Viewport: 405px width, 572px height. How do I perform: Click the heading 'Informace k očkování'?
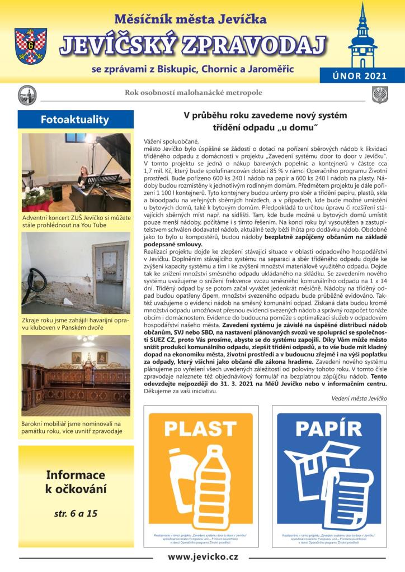coord(76,482)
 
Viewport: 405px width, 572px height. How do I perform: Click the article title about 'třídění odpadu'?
coord(266,121)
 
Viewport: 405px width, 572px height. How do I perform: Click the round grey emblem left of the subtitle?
coord(27,94)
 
